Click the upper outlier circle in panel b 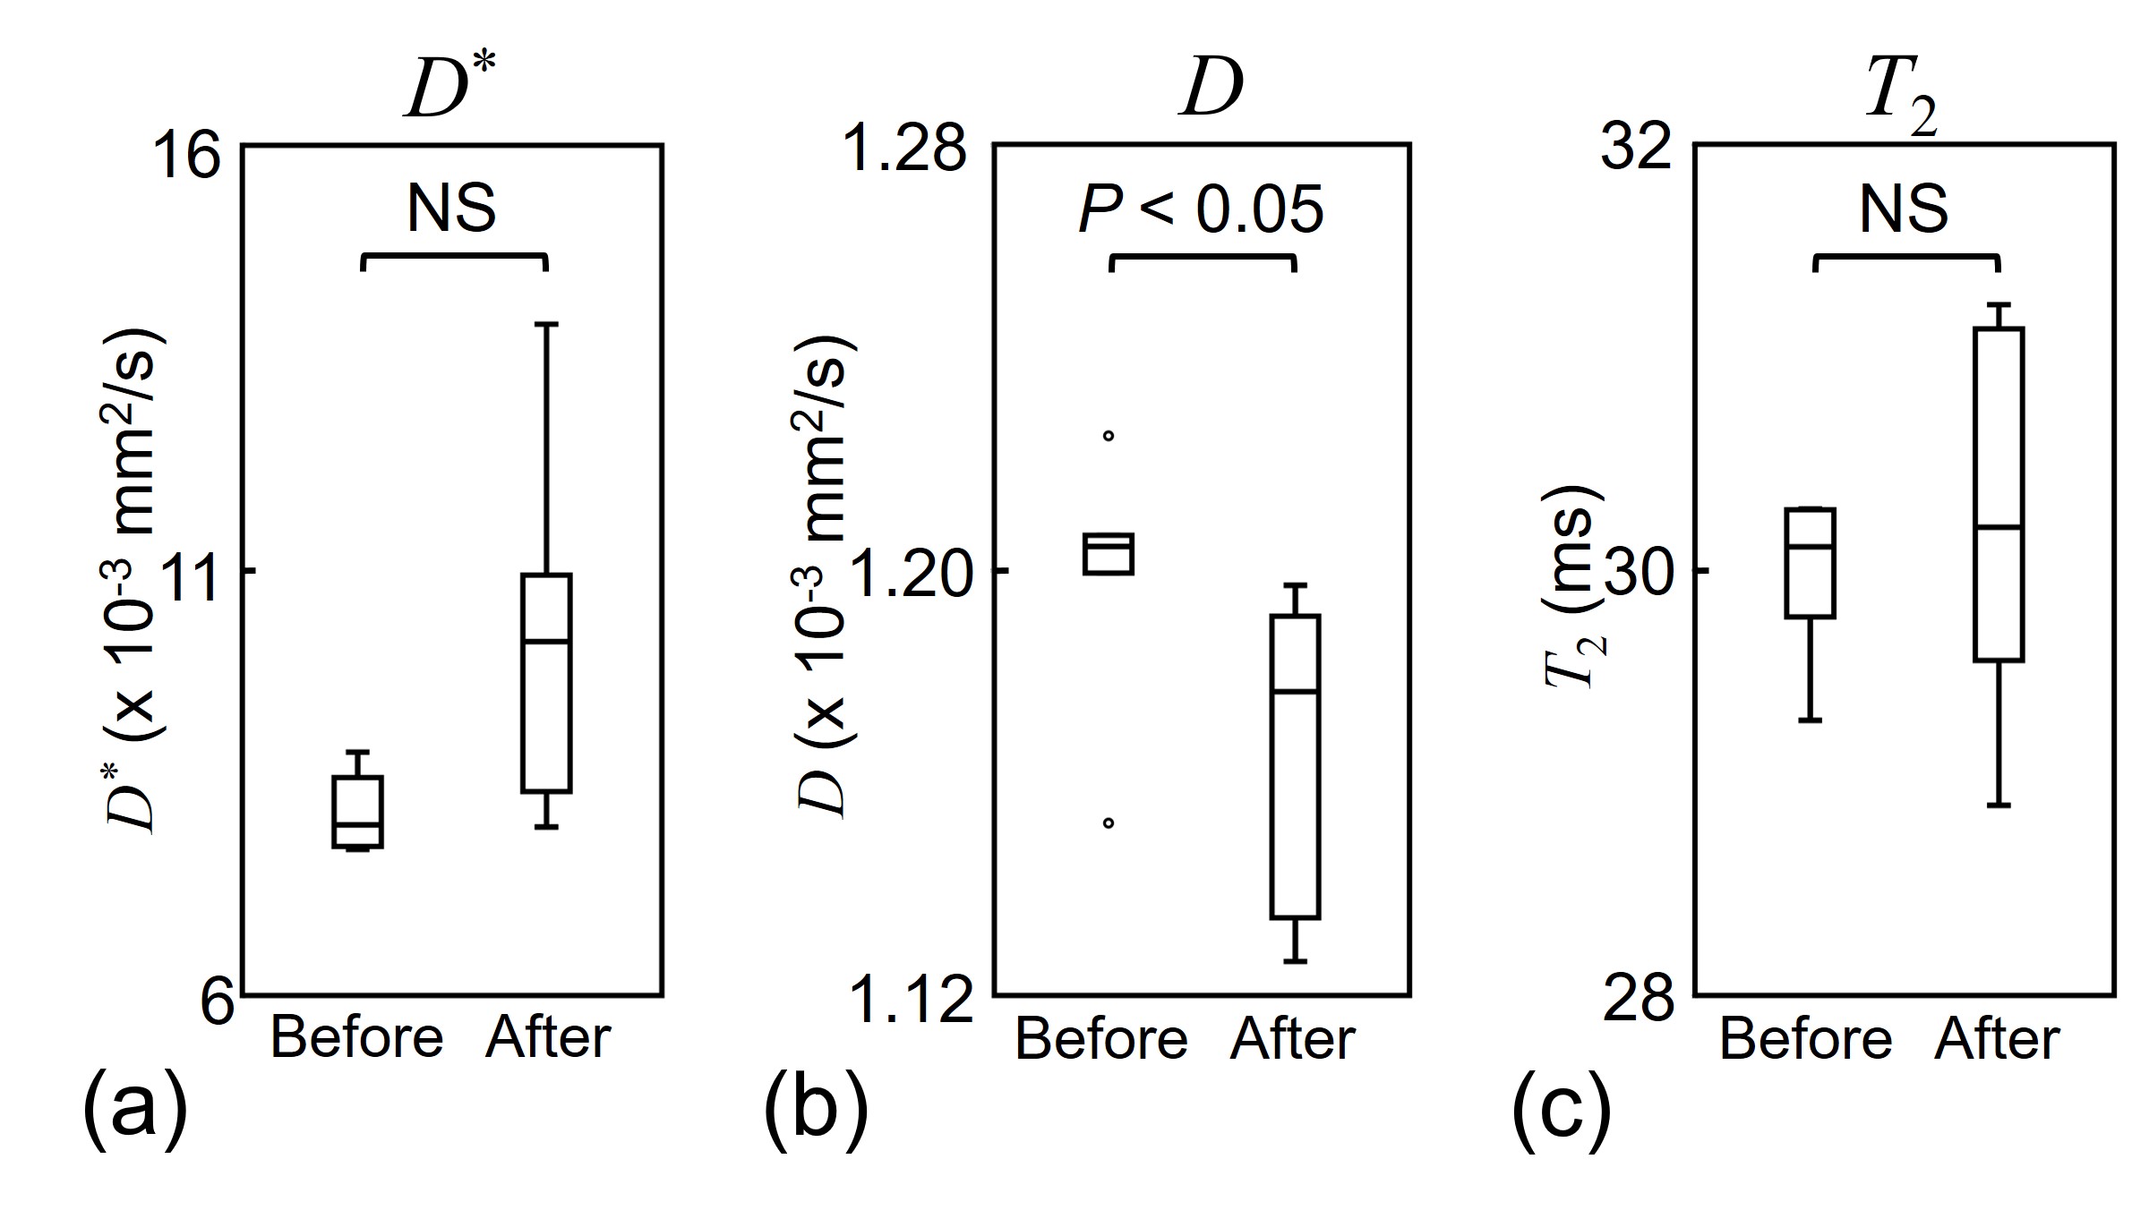click(1108, 436)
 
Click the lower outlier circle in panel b click(1108, 822)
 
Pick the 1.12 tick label click(910, 1000)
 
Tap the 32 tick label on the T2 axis click(1636, 148)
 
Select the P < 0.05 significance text click(1201, 211)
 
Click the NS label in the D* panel click(451, 209)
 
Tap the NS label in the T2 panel click(1904, 209)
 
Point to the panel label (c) click(1561, 1108)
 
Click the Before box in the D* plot click(357, 811)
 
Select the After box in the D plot click(1295, 766)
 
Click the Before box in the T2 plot click(1810, 563)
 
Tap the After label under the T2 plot click(1997, 1040)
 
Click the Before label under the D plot click(1101, 1040)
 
